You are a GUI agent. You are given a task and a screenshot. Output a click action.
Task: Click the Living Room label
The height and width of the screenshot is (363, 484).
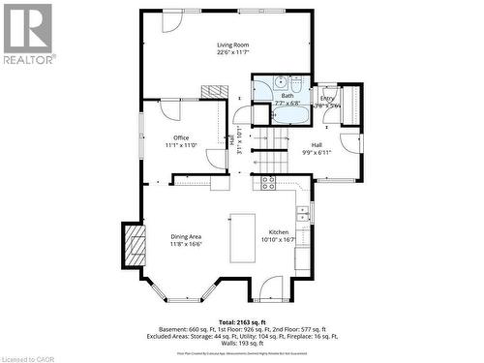[x=232, y=45]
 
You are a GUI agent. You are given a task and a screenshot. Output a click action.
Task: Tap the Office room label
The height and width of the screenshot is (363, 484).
[x=181, y=137]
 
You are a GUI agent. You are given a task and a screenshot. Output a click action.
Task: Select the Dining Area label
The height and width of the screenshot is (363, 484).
[x=187, y=236]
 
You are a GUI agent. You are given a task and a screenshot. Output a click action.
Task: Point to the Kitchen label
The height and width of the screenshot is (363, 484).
[x=279, y=232]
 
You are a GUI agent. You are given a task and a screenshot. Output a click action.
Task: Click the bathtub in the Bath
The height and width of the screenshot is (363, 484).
[x=287, y=115]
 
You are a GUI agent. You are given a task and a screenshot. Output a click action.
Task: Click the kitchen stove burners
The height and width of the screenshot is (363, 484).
[x=268, y=181]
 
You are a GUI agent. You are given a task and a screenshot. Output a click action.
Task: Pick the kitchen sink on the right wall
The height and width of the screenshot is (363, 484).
[x=303, y=213]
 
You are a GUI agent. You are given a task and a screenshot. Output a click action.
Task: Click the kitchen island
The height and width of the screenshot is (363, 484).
[x=242, y=238]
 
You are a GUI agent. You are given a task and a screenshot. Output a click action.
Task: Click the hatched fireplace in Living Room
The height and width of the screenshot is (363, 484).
[x=212, y=91]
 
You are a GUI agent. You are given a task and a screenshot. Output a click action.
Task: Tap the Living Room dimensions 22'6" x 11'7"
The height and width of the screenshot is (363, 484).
[x=232, y=53]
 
